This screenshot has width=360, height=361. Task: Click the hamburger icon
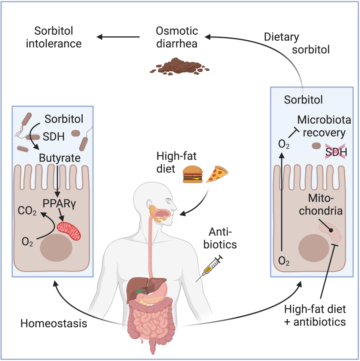(193, 174)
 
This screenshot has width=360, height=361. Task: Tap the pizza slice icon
(217, 174)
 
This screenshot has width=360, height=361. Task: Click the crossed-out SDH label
(336, 152)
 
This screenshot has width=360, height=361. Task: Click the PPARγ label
(59, 204)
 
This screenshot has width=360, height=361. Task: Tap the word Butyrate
(59, 158)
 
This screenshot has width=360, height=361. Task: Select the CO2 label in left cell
(27, 211)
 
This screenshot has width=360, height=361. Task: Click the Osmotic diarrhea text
(177, 37)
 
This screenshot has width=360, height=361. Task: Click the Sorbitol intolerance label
(53, 37)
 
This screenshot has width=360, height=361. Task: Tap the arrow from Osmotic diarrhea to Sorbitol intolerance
(118, 37)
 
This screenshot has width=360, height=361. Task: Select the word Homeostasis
(53, 323)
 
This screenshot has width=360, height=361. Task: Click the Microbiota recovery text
(324, 126)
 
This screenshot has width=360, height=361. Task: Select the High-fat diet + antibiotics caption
(315, 316)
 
